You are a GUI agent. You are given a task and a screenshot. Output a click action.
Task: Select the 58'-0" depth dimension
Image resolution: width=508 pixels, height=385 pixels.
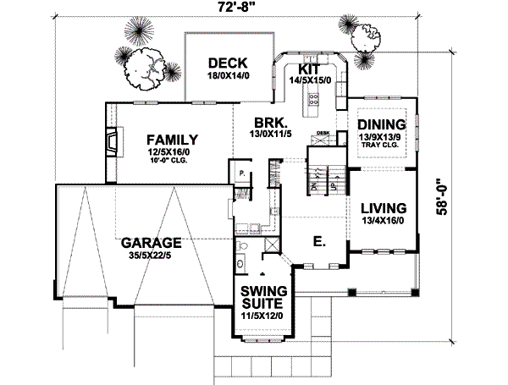(444, 198)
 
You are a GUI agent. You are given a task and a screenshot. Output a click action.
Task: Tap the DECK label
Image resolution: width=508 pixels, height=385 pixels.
(225, 62)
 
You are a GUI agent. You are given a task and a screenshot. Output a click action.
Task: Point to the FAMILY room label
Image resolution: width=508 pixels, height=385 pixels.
(171, 140)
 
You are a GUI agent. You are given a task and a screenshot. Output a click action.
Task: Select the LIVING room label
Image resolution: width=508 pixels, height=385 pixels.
(384, 208)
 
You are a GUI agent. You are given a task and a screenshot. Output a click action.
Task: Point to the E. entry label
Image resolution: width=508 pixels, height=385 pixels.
(318, 241)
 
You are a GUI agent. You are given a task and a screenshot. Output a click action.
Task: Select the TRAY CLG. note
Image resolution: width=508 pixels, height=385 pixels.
(383, 145)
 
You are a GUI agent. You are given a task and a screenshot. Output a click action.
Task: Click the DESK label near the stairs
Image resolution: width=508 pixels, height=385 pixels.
(323, 134)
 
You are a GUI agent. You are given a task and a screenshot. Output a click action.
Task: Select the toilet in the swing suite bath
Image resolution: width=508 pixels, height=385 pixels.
(241, 246)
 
